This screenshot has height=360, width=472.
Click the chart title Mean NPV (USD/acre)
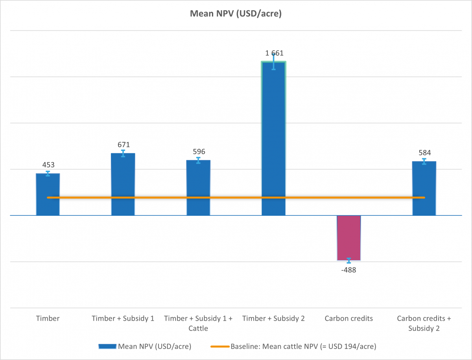(236, 14)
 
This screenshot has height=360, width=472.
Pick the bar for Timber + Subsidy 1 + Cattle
(198, 185)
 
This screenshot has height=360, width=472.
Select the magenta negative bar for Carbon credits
(348, 238)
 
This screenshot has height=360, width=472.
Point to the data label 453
(48, 165)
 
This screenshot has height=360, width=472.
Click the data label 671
(123, 145)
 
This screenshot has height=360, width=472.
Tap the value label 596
(198, 152)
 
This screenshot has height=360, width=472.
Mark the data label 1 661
(273, 53)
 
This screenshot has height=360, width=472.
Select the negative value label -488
(348, 270)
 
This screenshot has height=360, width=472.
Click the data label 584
(424, 153)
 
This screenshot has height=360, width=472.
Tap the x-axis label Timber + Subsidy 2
(273, 318)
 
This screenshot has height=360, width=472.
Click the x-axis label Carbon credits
(348, 318)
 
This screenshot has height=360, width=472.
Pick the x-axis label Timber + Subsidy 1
(123, 318)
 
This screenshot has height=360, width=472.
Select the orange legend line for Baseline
(220, 346)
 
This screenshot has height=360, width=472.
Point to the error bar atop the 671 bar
(123, 153)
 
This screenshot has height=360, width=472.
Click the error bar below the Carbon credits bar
(348, 261)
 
